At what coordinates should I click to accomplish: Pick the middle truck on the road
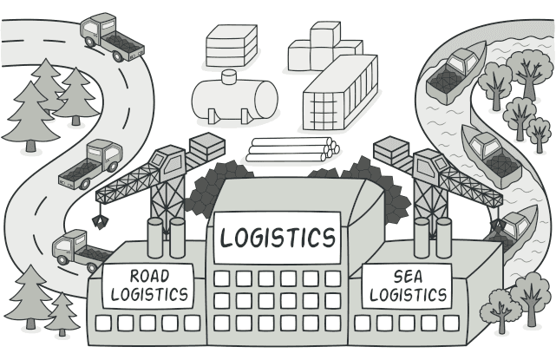(x=91, y=163)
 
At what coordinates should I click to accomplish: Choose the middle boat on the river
(x=489, y=153)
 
